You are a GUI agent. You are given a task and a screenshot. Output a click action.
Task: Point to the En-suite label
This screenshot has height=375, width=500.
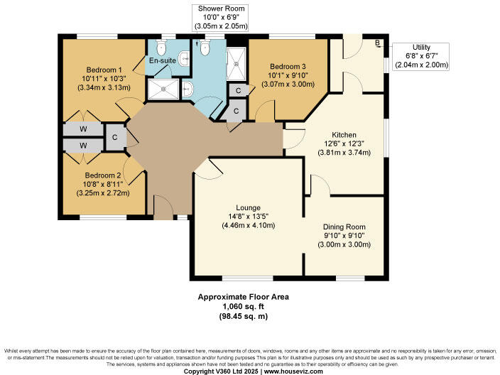click(162, 61)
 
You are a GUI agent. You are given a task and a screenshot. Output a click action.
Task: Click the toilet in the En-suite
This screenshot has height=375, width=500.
click(161, 47)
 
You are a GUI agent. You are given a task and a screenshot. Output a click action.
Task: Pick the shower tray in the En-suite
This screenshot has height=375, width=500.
click(163, 89)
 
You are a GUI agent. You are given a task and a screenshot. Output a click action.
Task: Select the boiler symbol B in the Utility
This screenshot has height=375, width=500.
click(379, 43)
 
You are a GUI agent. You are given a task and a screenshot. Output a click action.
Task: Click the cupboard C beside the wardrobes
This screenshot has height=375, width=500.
click(114, 137)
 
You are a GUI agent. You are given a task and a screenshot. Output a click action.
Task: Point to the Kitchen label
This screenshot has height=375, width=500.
click(344, 135)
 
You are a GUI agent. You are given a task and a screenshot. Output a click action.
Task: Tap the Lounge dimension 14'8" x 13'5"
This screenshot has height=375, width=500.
click(248, 217)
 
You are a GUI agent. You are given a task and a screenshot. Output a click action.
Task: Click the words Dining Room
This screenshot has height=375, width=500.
click(344, 227)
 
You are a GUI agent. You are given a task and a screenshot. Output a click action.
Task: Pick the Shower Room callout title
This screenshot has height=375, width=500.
click(221, 8)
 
